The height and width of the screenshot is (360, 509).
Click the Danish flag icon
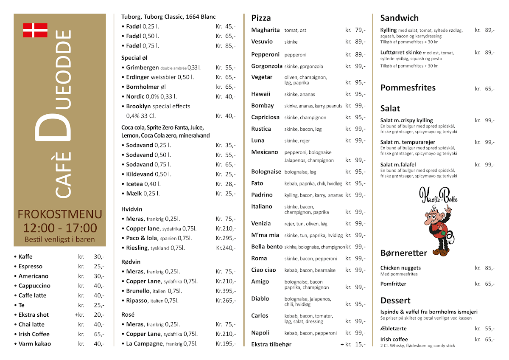(35, 30)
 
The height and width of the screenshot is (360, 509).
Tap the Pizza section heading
(261, 18)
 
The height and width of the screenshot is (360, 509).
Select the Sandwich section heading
(399, 18)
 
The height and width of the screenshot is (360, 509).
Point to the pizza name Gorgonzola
(267, 66)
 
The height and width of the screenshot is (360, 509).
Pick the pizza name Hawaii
(260, 94)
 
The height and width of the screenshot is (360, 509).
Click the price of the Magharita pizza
(355, 30)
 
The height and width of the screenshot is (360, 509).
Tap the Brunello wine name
(138, 291)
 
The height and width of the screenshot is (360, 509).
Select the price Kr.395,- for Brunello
(226, 291)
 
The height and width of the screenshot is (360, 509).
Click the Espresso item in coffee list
(31, 266)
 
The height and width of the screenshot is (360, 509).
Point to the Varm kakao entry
(34, 343)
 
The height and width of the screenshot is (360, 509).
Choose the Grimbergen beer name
(143, 67)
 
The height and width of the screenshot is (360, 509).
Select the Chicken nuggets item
(400, 268)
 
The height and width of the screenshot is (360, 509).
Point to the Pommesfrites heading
(408, 88)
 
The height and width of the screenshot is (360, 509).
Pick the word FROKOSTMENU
(60, 214)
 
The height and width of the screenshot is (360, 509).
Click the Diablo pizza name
(260, 298)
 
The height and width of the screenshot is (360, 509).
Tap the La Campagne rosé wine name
(145, 343)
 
